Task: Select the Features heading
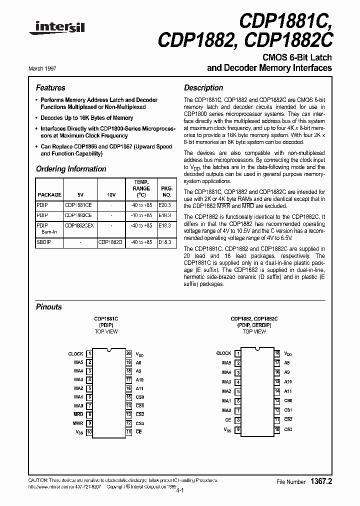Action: tap(50, 87)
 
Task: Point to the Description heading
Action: tap(203, 87)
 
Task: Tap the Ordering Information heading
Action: tap(71, 169)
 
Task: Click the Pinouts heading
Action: tap(49, 307)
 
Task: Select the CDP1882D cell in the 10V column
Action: tap(110, 242)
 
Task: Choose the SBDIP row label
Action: tap(43, 242)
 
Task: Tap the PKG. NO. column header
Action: tap(165, 191)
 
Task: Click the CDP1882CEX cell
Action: tap(79, 225)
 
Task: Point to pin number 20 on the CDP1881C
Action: tap(128, 353)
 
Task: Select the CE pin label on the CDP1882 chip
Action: tap(228, 420)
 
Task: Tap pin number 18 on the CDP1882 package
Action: tap(276, 353)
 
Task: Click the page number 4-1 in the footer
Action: tap(180, 491)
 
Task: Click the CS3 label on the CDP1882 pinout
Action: tap(288, 429)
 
